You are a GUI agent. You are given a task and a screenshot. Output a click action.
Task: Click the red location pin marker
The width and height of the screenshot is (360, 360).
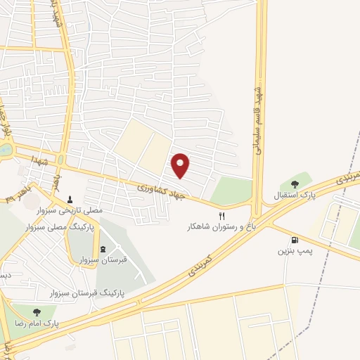coord(181,165)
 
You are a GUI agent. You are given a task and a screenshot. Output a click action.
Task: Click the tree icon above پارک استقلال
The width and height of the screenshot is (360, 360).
coord(295,184)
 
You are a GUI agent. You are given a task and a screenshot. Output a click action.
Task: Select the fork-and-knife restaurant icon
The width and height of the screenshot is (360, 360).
coord(222,217)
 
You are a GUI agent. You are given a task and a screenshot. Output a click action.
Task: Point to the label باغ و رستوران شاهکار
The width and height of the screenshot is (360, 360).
coord(219,227)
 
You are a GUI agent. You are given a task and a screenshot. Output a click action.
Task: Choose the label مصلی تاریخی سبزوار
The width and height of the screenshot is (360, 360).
coord(70,210)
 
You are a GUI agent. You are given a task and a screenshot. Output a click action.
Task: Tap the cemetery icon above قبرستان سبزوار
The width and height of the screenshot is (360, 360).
coord(103,249)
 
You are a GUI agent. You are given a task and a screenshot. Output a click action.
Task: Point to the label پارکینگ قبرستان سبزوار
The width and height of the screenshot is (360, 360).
coord(93,291)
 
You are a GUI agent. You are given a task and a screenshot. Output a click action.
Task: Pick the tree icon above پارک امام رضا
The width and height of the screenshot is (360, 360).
coord(35,311)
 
